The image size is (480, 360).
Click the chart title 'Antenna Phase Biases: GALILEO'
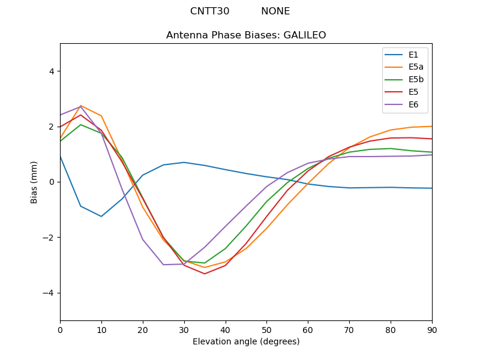click(246, 35)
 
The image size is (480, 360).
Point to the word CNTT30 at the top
click(209, 11)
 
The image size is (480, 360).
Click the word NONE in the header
click(275, 11)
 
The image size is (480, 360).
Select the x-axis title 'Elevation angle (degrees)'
click(246, 342)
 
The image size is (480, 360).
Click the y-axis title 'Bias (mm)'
click(34, 182)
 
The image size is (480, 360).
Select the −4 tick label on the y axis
click(49, 293)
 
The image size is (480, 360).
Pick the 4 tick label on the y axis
click(51, 71)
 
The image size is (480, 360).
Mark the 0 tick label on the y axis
click(51, 182)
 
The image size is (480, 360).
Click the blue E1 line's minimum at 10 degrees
click(101, 217)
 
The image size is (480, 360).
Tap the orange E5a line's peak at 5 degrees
click(81, 106)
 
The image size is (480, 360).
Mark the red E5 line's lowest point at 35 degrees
click(205, 274)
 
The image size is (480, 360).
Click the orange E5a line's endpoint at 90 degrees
click(431, 127)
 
